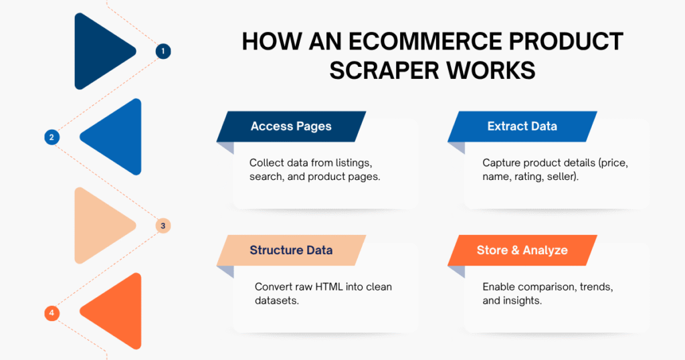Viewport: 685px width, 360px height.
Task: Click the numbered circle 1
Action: coord(163,51)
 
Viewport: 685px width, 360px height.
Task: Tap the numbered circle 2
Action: coord(51,137)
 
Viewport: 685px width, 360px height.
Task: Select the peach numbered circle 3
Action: coord(163,226)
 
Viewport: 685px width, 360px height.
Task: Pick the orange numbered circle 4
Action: coord(51,312)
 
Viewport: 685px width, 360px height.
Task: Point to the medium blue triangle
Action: coord(115,137)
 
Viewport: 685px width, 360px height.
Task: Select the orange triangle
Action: coord(115,312)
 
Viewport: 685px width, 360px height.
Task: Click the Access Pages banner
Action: coord(291,126)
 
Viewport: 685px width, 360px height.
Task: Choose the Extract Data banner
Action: coord(522,126)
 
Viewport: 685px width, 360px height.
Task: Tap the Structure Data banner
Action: coord(291,250)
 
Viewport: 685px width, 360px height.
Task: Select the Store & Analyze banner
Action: coord(522,250)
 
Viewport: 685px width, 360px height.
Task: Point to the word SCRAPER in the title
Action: coord(384,70)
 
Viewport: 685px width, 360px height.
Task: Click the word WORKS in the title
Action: coord(491,70)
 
